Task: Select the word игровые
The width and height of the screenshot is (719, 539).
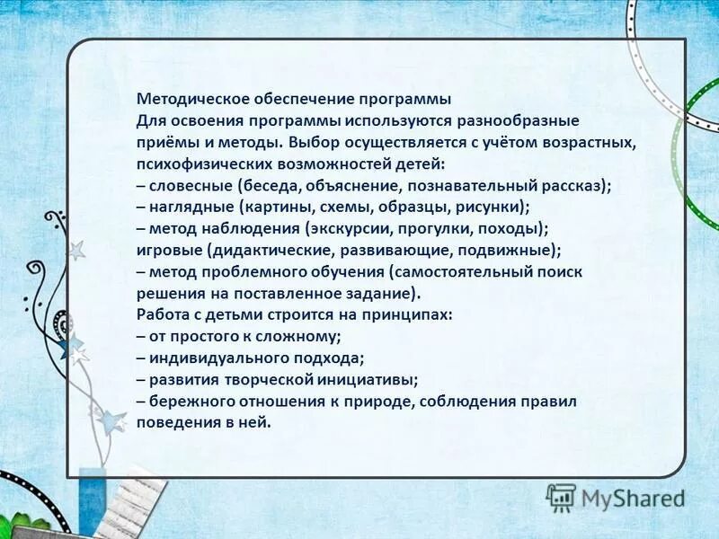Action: [x=170, y=251]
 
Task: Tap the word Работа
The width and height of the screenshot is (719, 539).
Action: [x=163, y=315]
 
